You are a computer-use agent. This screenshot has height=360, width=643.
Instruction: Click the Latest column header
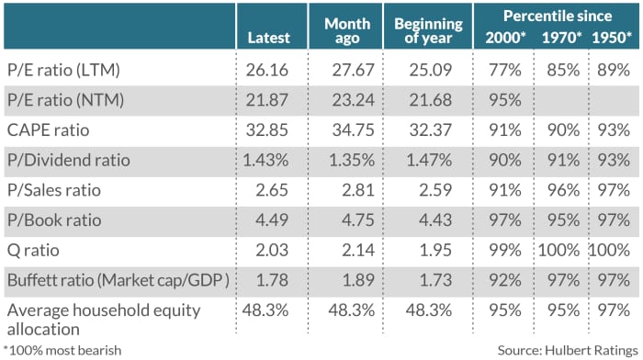268,38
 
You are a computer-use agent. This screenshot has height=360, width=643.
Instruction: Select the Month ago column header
346,29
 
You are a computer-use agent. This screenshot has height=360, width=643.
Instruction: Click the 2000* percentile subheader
504,38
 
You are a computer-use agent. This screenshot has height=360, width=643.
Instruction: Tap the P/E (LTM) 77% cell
502,69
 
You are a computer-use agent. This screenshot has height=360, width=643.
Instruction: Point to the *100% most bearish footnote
62,349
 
